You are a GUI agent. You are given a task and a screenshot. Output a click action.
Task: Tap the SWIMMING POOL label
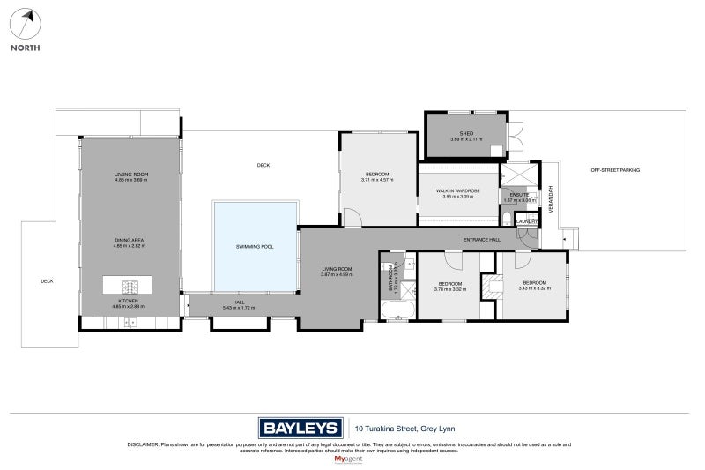point(255,247)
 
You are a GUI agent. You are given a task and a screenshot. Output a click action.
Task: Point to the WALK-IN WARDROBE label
point(457,190)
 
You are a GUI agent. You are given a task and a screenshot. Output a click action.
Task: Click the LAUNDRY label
point(526,221)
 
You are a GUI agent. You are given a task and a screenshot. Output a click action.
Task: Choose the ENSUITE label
point(519,195)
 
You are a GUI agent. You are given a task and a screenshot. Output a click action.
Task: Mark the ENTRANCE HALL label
point(482,240)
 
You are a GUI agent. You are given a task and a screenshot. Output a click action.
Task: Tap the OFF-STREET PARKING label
point(615,169)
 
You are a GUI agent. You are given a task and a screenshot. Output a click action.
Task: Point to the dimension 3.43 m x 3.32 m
point(534,288)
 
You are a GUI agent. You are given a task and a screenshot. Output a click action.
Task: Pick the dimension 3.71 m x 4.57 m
point(377,180)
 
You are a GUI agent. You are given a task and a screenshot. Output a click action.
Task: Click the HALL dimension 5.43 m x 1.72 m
point(238,308)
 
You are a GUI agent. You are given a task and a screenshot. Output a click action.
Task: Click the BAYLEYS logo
point(300,428)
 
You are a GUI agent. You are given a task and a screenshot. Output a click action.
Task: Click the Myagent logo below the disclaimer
point(351,459)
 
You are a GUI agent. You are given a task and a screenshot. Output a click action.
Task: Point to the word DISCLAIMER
point(141,445)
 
